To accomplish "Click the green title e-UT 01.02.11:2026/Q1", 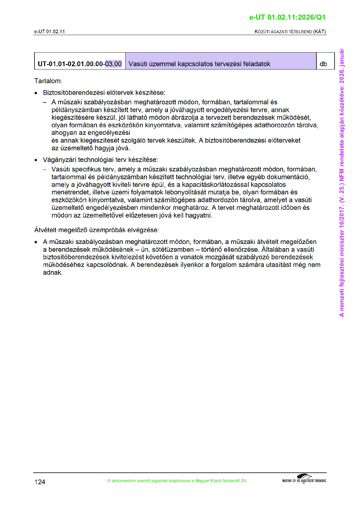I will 287,18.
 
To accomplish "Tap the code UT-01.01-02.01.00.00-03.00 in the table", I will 80,64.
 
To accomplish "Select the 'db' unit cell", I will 323,64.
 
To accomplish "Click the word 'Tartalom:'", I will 48,81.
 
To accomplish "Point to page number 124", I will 40,482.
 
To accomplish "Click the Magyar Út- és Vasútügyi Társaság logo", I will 304,479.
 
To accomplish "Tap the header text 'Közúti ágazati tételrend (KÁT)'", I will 290,32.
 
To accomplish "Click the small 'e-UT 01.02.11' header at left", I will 49,32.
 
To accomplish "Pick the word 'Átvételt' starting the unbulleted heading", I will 45,230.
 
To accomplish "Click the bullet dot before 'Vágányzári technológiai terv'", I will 36,160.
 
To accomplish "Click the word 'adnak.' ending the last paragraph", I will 53,273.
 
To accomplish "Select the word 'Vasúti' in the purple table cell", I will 138,64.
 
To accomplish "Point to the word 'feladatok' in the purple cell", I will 257,64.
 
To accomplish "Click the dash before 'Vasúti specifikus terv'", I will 45,170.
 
